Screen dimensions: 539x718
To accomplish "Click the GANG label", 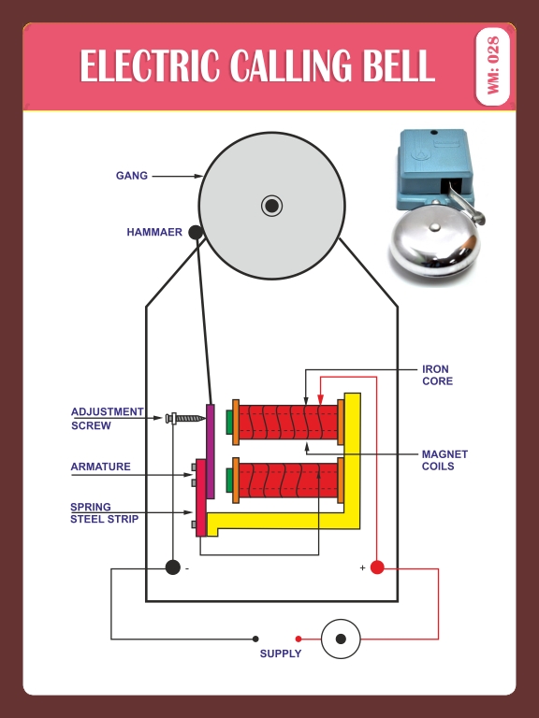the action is [132, 176].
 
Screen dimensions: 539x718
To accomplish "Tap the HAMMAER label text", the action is [154, 232].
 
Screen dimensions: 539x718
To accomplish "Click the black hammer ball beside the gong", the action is [196, 232].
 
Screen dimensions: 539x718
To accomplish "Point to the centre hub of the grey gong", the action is [271, 206].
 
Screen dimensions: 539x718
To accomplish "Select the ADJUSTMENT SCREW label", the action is [108, 419].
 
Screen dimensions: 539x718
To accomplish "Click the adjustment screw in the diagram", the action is [185, 418].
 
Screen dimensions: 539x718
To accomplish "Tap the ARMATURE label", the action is [100, 467].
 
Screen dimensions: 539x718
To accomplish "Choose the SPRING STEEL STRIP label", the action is [104, 513].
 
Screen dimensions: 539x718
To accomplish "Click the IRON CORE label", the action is [437, 375].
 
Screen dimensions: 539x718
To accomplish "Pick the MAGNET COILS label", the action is [444, 460].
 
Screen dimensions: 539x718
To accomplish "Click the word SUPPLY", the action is [281, 653].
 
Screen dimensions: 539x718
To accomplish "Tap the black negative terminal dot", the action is [173, 567].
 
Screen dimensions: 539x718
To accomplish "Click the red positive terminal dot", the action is [377, 567].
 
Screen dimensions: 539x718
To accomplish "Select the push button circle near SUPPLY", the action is [341, 639].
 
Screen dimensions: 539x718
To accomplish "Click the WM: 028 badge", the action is [493, 66].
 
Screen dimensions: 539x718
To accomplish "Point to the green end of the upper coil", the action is [229, 423].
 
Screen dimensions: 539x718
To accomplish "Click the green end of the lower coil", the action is [229, 481].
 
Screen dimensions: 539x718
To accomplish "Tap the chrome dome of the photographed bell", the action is [433, 242].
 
